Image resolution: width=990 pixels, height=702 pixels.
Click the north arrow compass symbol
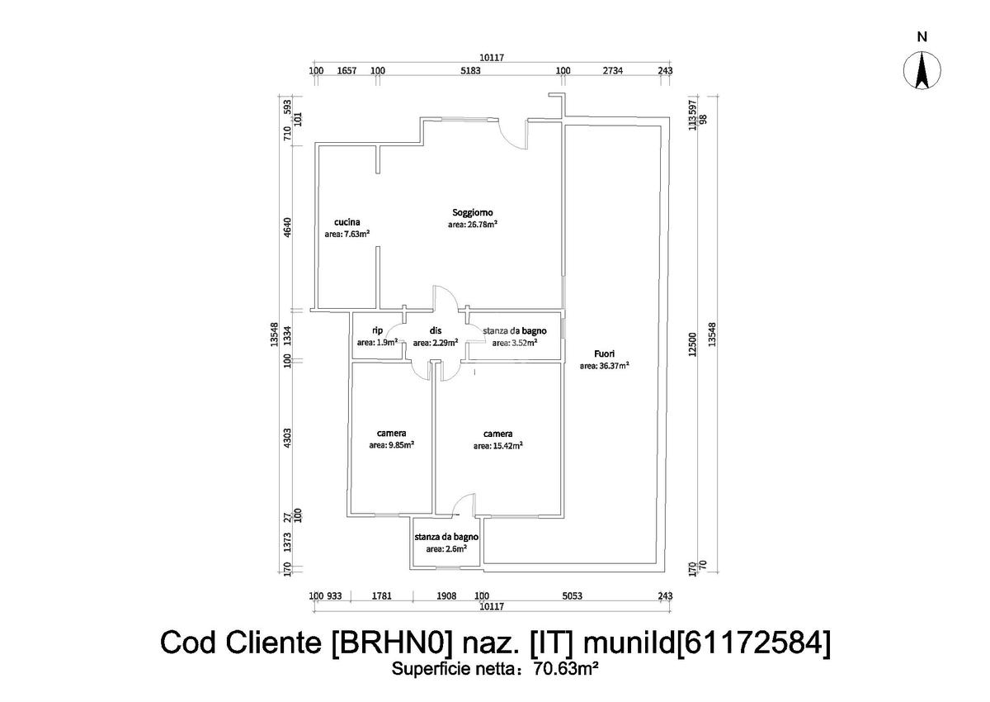(x=922, y=69)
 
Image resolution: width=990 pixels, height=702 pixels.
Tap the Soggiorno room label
(x=472, y=211)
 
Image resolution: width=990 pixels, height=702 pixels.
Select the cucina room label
(x=347, y=221)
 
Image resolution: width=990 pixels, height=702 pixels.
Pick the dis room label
(x=435, y=330)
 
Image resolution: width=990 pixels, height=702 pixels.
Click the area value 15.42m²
(x=498, y=446)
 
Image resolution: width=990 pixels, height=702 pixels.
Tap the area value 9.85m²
(x=392, y=444)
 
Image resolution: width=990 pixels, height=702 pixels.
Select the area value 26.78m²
(x=472, y=224)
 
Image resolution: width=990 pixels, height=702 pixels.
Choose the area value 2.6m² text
(x=446, y=548)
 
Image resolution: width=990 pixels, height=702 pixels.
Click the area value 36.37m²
(x=604, y=365)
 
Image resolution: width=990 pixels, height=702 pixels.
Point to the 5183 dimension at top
(x=470, y=71)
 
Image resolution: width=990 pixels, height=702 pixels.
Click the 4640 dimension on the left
(x=288, y=226)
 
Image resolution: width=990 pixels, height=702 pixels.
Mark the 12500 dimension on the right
(x=693, y=344)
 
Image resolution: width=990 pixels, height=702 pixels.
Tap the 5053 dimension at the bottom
(x=572, y=595)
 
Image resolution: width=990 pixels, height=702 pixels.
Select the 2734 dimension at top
(x=613, y=71)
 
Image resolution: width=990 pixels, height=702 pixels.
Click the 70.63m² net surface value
(x=565, y=670)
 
